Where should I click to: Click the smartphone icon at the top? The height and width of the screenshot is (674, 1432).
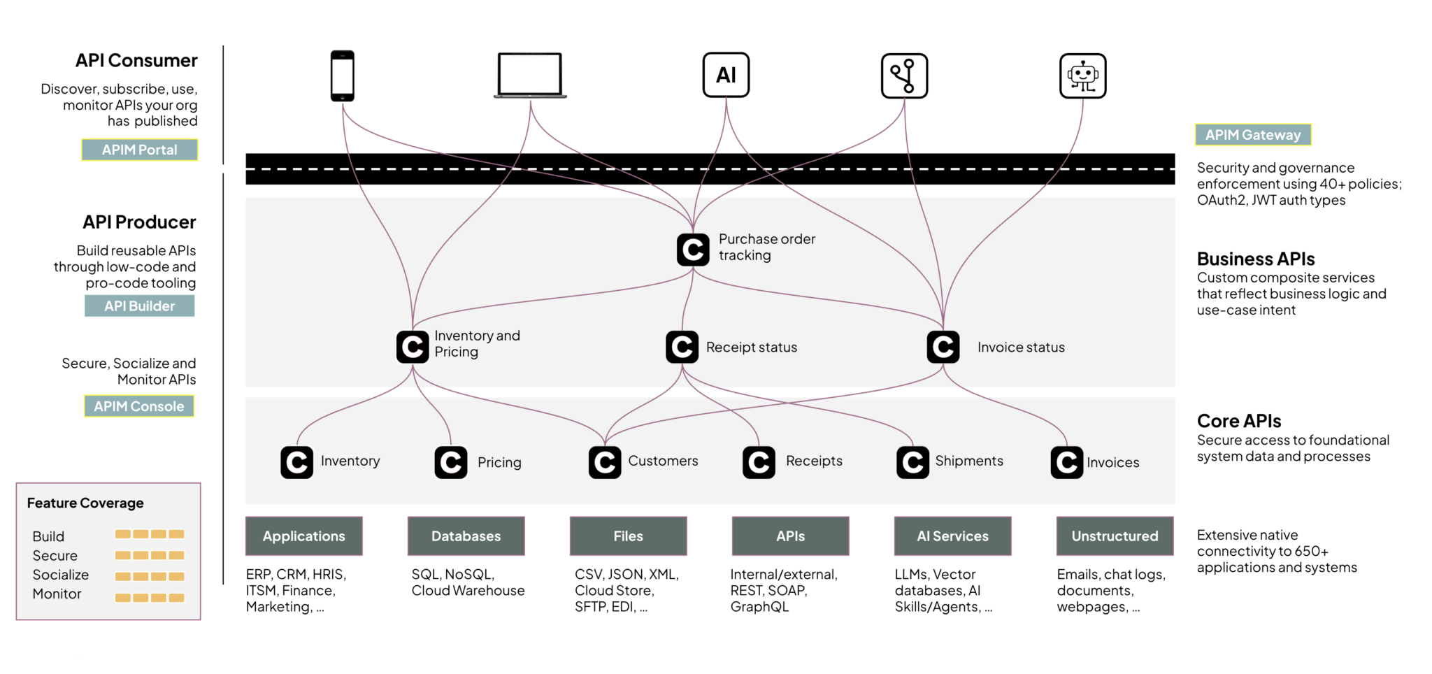(x=343, y=76)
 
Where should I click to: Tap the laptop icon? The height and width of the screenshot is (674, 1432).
(x=530, y=75)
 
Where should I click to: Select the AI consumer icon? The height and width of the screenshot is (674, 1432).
(x=726, y=75)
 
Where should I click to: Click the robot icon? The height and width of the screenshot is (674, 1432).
(x=1082, y=76)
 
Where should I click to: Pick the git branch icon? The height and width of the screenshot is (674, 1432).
(x=904, y=76)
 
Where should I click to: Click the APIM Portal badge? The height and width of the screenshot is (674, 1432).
(x=140, y=150)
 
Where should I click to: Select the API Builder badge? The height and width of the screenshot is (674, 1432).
(x=140, y=306)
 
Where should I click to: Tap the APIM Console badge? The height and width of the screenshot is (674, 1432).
(x=139, y=406)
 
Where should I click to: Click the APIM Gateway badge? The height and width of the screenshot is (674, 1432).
(x=1252, y=135)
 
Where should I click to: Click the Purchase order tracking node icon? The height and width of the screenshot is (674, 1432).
(x=693, y=250)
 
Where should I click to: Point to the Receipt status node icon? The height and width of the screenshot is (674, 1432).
(x=682, y=347)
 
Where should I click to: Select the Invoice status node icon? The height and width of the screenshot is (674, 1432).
(x=943, y=347)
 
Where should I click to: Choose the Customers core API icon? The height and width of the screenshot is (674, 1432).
(x=605, y=462)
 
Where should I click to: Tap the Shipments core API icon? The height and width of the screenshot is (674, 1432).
(x=912, y=462)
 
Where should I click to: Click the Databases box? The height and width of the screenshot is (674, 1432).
(x=466, y=536)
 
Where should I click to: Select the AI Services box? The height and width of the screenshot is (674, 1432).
(x=952, y=536)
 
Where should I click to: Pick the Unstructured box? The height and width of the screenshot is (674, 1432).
(x=1115, y=536)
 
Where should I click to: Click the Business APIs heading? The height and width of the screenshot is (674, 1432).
(x=1256, y=259)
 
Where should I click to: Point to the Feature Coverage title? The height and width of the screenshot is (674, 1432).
(x=85, y=503)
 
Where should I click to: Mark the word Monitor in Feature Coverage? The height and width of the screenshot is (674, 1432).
(x=57, y=594)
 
